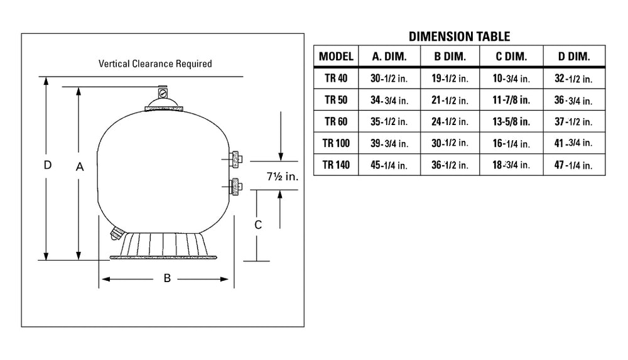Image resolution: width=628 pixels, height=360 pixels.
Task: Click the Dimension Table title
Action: (x=460, y=37)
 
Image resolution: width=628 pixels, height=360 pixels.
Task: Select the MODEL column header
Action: (x=336, y=57)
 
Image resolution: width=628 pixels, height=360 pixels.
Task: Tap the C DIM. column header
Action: (x=511, y=57)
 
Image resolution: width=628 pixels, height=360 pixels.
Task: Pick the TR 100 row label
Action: (x=336, y=143)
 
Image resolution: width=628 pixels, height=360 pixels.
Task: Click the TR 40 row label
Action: (x=336, y=78)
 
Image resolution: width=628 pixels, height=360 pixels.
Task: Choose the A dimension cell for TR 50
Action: (x=389, y=101)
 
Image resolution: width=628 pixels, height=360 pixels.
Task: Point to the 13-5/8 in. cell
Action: (x=511, y=121)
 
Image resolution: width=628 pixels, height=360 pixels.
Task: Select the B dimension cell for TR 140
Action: (x=450, y=165)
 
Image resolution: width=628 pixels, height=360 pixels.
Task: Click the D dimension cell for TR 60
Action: (x=573, y=121)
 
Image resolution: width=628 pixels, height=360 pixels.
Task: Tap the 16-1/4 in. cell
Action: (x=511, y=143)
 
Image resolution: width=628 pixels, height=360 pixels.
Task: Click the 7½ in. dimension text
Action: (x=283, y=177)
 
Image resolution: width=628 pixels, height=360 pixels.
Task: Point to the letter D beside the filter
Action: (x=48, y=165)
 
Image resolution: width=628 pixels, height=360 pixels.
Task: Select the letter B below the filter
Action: (x=168, y=278)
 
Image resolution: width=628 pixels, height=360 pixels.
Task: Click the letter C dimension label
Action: (x=258, y=225)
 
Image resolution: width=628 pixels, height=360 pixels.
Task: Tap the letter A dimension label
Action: (x=80, y=166)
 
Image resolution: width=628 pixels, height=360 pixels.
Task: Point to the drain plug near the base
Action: (x=117, y=233)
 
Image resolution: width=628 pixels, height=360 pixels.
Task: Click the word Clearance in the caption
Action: (x=154, y=63)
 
